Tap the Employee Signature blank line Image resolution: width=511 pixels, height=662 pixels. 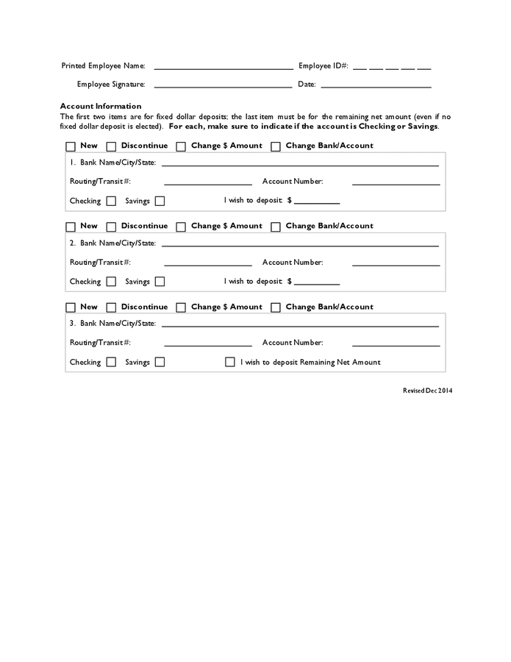coord(224,86)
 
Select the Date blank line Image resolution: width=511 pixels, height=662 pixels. coord(376,86)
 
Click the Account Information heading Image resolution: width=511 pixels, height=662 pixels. coord(101,106)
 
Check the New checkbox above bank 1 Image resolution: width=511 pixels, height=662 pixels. coord(71,146)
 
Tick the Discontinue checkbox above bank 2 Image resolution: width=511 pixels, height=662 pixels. coord(112,227)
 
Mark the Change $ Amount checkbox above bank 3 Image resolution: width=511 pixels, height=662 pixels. coord(181,307)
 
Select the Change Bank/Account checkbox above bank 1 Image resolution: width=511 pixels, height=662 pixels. coord(276,146)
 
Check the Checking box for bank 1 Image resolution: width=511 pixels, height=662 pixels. coord(111,201)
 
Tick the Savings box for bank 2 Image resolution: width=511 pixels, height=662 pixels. coord(160,282)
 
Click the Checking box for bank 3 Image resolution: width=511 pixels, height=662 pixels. coord(111,362)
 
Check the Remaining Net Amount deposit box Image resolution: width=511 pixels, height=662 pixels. coord(230,362)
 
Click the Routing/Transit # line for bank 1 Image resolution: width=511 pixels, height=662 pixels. coord(207,183)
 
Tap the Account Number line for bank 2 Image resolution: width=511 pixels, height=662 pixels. coord(396,264)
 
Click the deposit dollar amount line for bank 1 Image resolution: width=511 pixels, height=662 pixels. coord(317,202)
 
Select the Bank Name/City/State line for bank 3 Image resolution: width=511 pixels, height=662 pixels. coord(300,324)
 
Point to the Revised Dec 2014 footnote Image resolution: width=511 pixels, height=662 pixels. coord(427,391)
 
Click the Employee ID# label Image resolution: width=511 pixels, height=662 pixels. coord(324,66)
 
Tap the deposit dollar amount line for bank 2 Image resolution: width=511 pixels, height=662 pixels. coord(317,283)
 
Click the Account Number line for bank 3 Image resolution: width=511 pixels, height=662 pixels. coord(396,345)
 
